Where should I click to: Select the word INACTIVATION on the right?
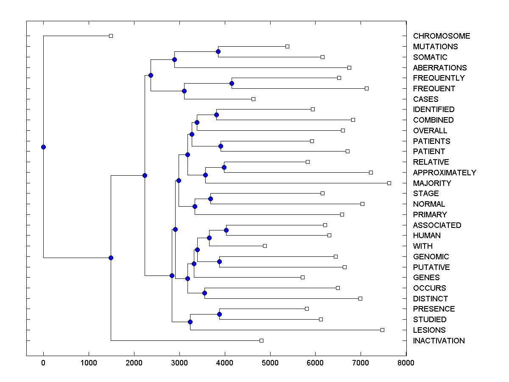pyautogui.click(x=439, y=341)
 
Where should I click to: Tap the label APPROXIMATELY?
pyautogui.click(x=444, y=173)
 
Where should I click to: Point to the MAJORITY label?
pyautogui.click(x=432, y=183)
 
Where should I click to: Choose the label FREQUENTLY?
pyautogui.click(x=439, y=78)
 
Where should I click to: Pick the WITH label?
pyautogui.click(x=422, y=246)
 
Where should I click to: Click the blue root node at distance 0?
pyautogui.click(x=43, y=147)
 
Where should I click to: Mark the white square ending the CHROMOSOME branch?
pyautogui.click(x=111, y=36)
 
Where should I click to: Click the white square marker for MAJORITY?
pyautogui.click(x=389, y=183)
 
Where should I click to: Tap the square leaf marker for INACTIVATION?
pyautogui.click(x=261, y=340)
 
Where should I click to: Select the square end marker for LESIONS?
pyautogui.click(x=382, y=330)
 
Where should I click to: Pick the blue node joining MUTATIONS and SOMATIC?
pyautogui.click(x=218, y=52)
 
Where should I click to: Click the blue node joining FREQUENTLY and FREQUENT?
pyautogui.click(x=232, y=83)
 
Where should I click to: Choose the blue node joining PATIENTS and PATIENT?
pyautogui.click(x=221, y=146)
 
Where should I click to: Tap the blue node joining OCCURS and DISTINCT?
pyautogui.click(x=204, y=293)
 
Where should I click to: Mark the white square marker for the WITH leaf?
pyautogui.click(x=265, y=246)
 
